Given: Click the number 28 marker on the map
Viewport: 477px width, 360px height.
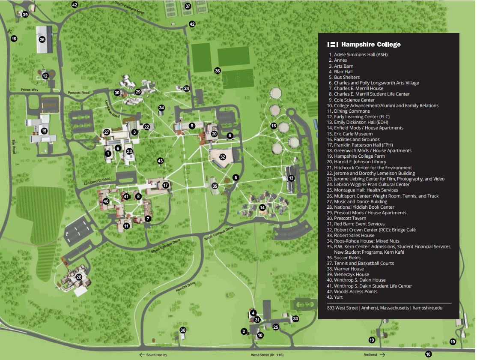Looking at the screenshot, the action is [x=79, y=277].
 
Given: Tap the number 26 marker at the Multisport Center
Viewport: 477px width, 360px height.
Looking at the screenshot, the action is [x=42, y=39].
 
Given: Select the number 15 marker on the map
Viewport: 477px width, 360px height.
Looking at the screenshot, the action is [x=44, y=131].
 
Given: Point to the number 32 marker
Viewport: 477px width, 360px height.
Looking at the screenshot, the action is [x=223, y=157].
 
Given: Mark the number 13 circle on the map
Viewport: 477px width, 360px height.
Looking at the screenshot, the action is [x=291, y=178].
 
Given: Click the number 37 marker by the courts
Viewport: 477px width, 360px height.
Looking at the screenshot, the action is [x=188, y=6].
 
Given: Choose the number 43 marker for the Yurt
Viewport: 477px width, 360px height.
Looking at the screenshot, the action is [x=161, y=161].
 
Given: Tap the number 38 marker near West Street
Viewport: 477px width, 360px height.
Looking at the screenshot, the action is [x=183, y=330].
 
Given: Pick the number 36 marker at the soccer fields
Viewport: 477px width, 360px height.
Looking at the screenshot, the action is [x=218, y=71].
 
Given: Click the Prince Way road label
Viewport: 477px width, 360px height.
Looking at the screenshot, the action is [x=30, y=90].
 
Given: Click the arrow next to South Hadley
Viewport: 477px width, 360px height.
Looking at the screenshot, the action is [x=141, y=355].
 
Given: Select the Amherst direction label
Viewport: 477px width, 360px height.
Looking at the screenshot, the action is [x=370, y=355].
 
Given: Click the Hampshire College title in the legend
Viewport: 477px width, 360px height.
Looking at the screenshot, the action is [x=371, y=45].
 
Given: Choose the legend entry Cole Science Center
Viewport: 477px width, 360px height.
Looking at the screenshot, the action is [x=354, y=100].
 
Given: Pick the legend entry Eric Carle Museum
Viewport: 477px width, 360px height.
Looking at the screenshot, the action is [x=353, y=134].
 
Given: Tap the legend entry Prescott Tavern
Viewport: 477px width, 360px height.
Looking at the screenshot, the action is [x=350, y=218].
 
